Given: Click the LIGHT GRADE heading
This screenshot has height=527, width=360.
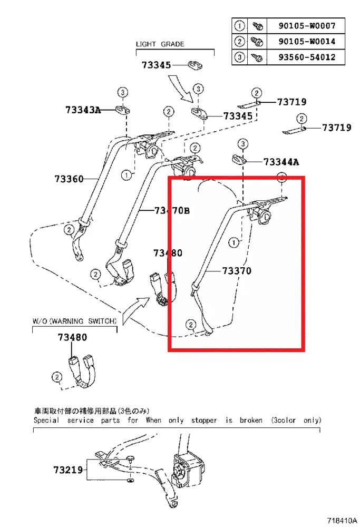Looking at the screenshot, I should point(160,44).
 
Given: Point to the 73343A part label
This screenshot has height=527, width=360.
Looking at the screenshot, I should point(83,110).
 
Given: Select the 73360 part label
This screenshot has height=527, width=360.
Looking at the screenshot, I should point(69,179).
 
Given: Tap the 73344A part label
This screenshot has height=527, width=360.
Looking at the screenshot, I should point(281,162).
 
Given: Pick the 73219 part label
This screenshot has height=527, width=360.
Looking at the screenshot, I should point(68,469).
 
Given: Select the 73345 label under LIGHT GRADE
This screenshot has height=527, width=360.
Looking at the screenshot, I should point(156,65).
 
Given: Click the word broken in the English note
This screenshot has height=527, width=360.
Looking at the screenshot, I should point(250,420).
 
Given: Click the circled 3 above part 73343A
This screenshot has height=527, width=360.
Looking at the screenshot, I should point(122,93).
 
